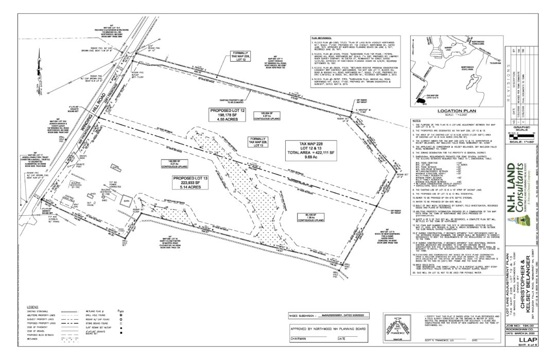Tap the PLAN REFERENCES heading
(x=322, y=38)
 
